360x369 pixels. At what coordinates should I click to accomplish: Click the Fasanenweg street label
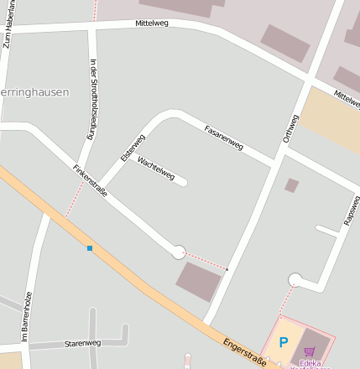click(224, 137)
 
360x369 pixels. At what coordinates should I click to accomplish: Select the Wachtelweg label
click(155, 169)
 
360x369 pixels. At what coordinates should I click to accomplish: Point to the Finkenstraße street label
click(91, 179)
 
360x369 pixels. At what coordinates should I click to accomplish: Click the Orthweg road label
click(290, 127)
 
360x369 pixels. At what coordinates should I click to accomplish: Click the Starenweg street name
click(82, 343)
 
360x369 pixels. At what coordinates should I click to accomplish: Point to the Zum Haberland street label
click(8, 22)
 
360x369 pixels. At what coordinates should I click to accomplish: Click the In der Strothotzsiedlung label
click(91, 99)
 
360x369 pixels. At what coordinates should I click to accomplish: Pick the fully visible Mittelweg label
click(152, 23)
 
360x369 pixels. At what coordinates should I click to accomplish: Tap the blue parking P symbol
click(283, 342)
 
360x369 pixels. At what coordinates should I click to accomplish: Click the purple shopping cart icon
click(309, 351)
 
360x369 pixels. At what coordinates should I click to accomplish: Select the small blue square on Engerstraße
click(90, 248)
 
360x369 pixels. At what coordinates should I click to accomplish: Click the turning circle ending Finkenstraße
click(178, 252)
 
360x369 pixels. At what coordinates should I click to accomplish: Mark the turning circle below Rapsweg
click(295, 279)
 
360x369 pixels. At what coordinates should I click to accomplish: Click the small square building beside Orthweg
click(291, 185)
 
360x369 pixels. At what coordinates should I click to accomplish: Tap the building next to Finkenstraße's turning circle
click(199, 281)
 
